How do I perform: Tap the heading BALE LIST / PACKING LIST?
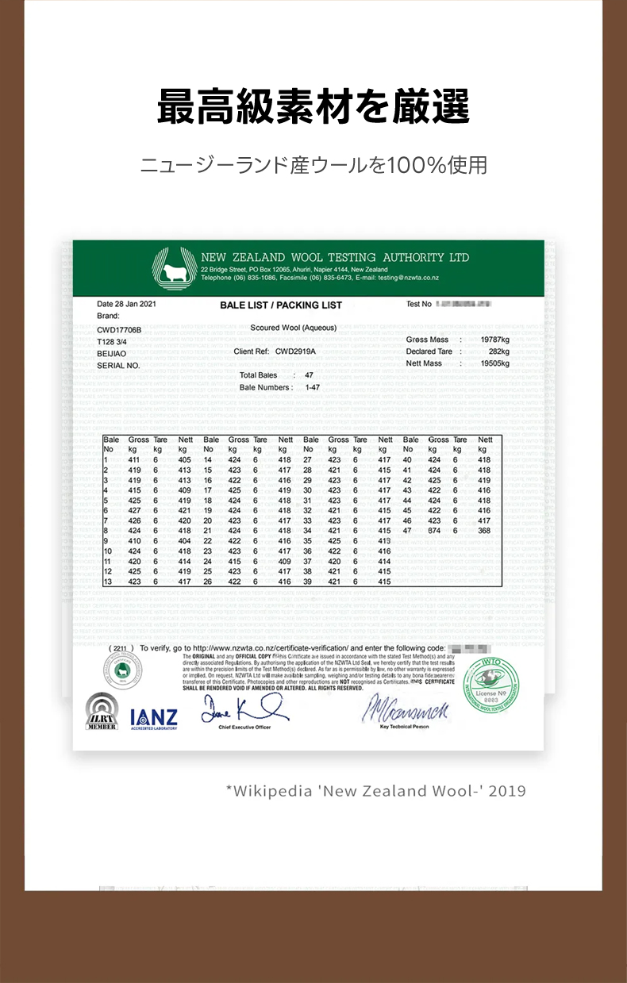point(281,305)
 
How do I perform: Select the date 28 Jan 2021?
point(126,304)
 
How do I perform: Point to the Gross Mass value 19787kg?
point(494,340)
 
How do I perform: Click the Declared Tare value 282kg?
point(498,351)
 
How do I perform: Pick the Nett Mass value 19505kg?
point(494,363)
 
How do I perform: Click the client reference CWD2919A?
point(295,351)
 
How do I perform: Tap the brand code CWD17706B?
point(119,329)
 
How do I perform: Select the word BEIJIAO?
point(112,353)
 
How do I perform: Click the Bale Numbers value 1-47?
point(312,387)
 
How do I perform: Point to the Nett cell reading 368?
point(484,531)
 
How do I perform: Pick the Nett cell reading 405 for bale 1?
point(184,460)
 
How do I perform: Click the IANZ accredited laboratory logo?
point(154,718)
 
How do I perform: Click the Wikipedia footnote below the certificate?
point(375,791)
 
